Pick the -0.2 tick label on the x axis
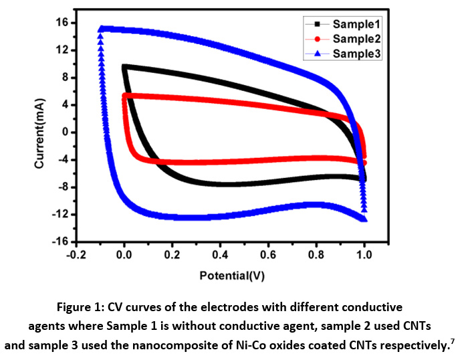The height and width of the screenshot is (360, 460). tap(76, 254)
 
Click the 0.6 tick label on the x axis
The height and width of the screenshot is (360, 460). tap(268, 254)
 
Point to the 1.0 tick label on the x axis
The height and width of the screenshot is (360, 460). tap(364, 254)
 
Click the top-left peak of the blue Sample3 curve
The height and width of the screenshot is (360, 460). tap(101, 29)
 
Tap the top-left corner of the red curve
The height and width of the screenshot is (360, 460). tap(124, 96)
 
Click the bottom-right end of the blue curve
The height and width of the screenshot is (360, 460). tap(364, 219)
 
